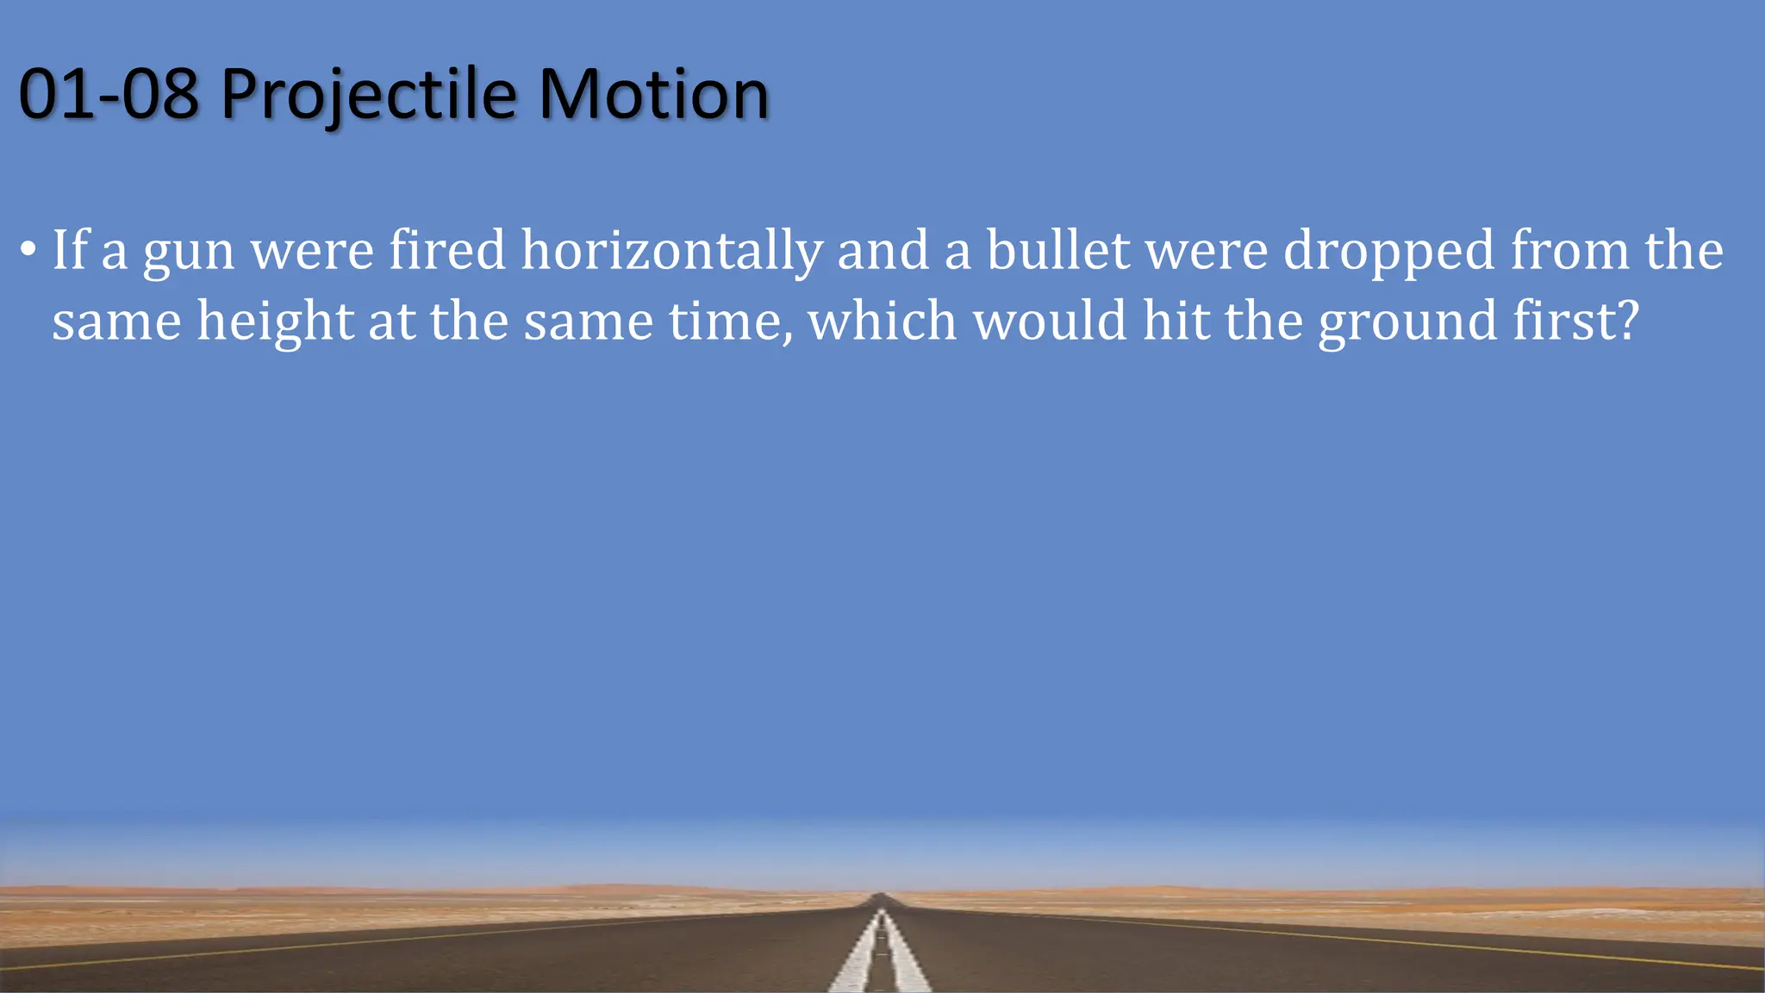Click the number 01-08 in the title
click(x=109, y=94)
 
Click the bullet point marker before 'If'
click(x=28, y=251)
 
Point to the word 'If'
click(x=71, y=250)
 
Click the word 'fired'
click(x=447, y=250)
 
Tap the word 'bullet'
click(x=1057, y=250)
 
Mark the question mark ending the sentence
click(x=1625, y=321)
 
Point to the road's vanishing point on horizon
click(x=880, y=896)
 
